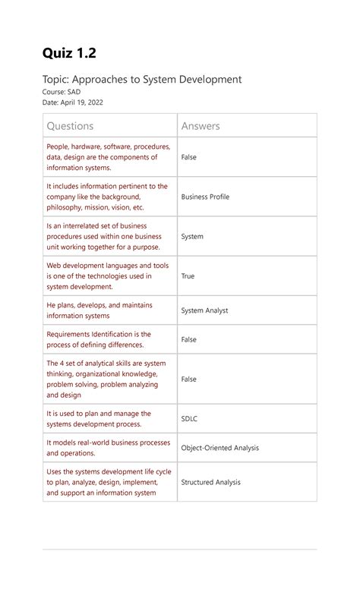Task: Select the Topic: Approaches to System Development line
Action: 144,79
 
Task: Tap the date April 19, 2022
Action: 74,102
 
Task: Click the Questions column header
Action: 71,126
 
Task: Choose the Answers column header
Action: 201,126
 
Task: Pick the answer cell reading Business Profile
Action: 205,197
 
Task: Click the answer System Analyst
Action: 204,310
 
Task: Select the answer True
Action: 188,276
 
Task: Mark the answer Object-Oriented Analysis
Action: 219,448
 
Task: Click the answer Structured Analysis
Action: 210,482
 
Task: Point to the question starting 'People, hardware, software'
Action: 108,157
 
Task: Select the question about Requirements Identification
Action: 99,339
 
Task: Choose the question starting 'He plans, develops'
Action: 99,310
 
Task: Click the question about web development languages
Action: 108,276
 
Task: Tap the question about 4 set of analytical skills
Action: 106,379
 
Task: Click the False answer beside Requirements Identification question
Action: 188,339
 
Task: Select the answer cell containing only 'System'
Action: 192,237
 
